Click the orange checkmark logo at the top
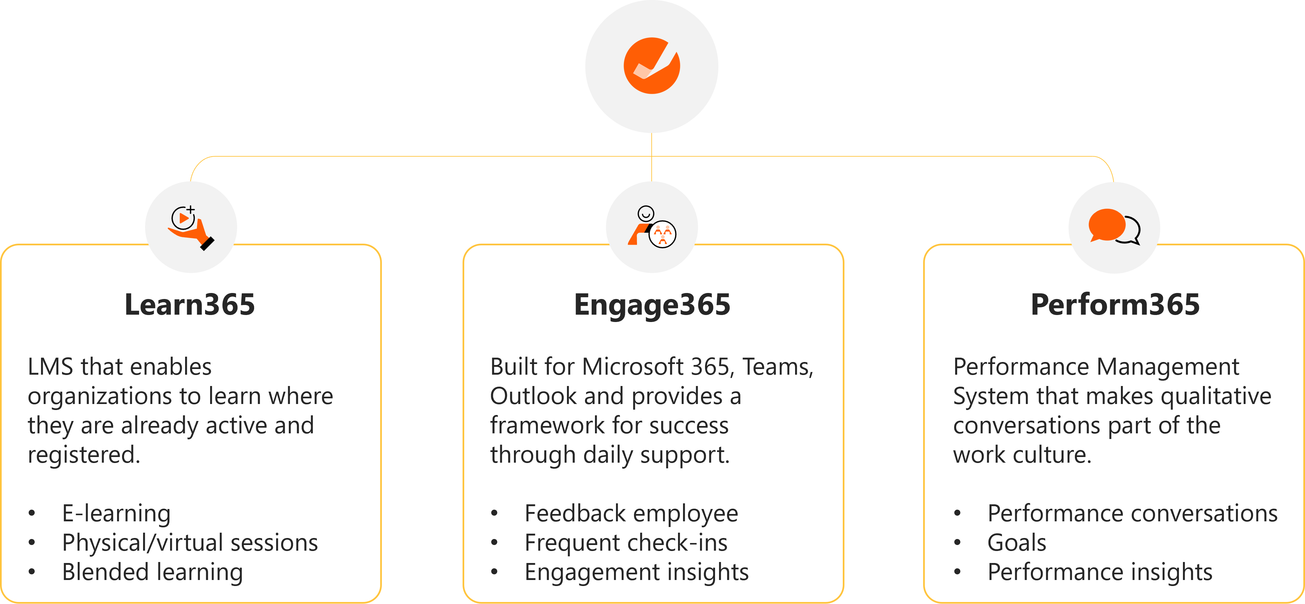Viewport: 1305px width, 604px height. (x=651, y=66)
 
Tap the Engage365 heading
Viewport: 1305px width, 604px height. (x=652, y=305)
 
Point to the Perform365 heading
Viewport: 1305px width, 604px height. (x=1115, y=305)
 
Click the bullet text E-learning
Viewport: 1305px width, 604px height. (x=116, y=513)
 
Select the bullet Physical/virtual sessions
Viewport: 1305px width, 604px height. (x=189, y=543)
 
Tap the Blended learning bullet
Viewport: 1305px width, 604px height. (x=152, y=572)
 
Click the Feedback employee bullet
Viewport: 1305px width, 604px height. (x=631, y=513)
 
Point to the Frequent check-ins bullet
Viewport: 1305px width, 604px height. (x=626, y=543)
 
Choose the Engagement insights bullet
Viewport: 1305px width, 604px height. (x=636, y=572)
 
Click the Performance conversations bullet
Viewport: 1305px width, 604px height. (x=1132, y=513)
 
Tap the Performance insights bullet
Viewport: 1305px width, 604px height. (x=1100, y=572)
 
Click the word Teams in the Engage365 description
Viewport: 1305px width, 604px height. (x=777, y=367)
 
